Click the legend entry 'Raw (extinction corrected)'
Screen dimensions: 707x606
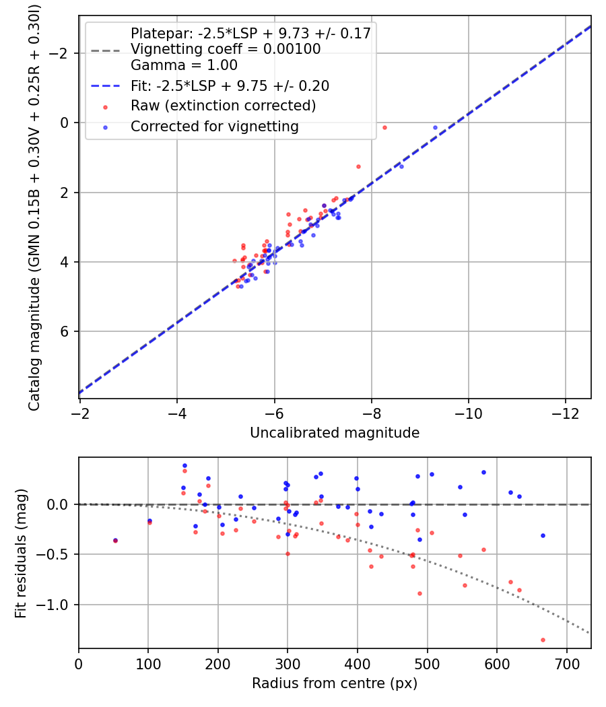(x=223, y=106)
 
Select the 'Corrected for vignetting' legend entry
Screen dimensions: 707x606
(x=214, y=126)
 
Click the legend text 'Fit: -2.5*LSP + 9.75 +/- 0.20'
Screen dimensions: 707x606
(x=230, y=86)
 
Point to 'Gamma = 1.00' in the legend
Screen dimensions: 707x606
(x=184, y=65)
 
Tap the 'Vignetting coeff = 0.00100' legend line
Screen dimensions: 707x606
(x=226, y=49)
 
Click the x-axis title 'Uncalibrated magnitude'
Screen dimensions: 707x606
(x=335, y=433)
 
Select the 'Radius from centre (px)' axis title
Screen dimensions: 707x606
(x=335, y=683)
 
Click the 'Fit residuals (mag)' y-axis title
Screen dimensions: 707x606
(x=21, y=553)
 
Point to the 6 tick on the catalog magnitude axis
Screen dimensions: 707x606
(x=66, y=332)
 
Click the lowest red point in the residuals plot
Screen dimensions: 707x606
(x=543, y=640)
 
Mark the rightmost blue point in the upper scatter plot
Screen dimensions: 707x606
(x=435, y=127)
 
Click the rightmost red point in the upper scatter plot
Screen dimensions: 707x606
(x=384, y=127)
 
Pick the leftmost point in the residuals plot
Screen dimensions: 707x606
(x=115, y=540)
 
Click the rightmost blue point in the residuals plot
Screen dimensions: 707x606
(x=543, y=535)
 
